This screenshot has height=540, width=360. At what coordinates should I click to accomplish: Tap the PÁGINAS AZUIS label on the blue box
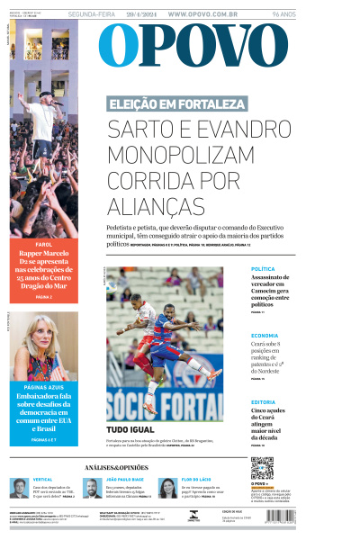pyautogui.click(x=43, y=387)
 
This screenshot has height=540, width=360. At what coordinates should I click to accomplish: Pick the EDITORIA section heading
pyautogui.click(x=264, y=401)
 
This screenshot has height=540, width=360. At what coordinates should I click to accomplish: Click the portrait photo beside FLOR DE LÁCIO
pyautogui.click(x=167, y=488)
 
